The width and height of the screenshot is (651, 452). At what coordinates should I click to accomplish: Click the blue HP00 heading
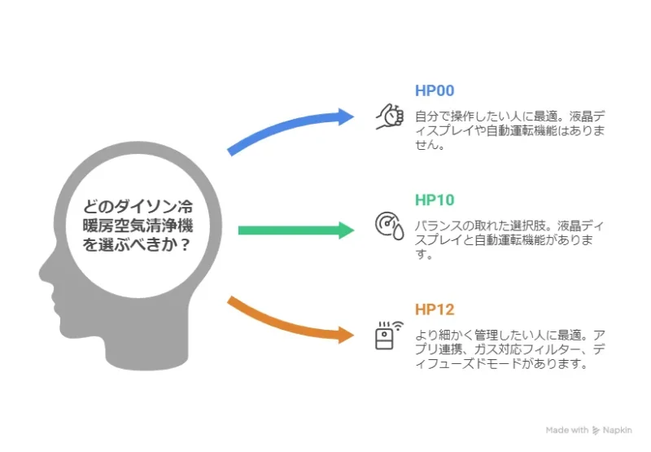coord(435,90)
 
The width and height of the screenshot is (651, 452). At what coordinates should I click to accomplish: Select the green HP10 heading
coord(435,200)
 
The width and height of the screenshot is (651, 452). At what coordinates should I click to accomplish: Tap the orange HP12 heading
coord(435,309)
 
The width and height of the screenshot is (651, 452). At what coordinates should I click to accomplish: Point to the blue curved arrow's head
coord(345,116)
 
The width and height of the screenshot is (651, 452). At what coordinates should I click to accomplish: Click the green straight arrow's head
coord(345,230)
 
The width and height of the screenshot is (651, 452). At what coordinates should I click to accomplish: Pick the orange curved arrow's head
coord(345,335)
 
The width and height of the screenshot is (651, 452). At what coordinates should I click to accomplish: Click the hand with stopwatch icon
coord(390,116)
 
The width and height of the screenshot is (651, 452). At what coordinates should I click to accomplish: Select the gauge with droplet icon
coord(390,226)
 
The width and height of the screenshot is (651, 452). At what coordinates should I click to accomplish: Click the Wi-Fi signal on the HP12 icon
coord(398,326)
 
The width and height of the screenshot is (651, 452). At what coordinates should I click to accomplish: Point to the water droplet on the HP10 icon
coord(399,232)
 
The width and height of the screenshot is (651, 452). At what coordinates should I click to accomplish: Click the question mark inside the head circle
coord(186,244)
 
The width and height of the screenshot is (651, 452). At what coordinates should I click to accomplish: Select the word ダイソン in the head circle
coord(137,207)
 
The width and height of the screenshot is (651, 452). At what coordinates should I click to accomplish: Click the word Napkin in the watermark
coord(618,430)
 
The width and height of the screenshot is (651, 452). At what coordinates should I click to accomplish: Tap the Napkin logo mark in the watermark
coord(596,430)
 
